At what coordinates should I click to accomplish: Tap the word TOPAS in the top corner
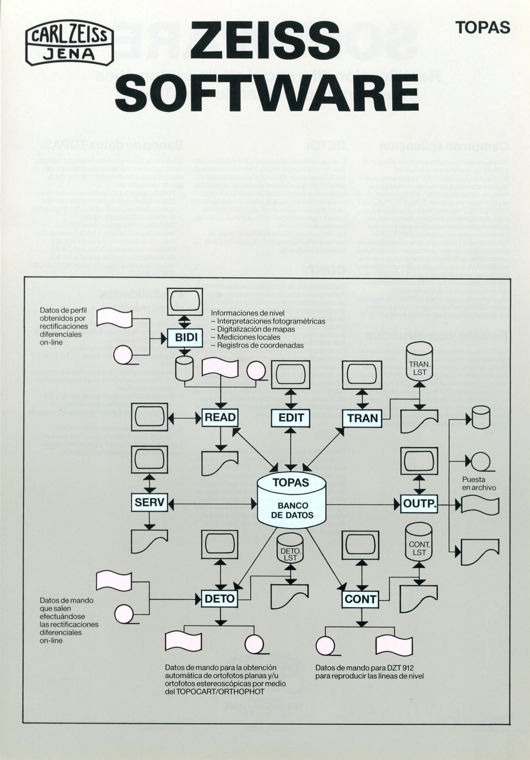pos(483,28)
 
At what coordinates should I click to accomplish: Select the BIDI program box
pos(184,338)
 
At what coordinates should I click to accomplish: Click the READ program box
pos(220,417)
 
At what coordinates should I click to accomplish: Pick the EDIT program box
pos(291,417)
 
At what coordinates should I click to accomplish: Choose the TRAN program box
pos(362,417)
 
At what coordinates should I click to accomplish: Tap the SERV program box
pos(149,503)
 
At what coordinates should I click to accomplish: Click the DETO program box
pos(220,598)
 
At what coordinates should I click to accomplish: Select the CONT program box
pos(361,599)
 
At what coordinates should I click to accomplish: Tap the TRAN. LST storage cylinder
pos(419,366)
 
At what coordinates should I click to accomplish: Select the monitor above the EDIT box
pos(291,374)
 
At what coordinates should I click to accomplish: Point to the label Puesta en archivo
pos(479,484)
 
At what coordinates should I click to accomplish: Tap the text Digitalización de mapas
pos(256,329)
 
